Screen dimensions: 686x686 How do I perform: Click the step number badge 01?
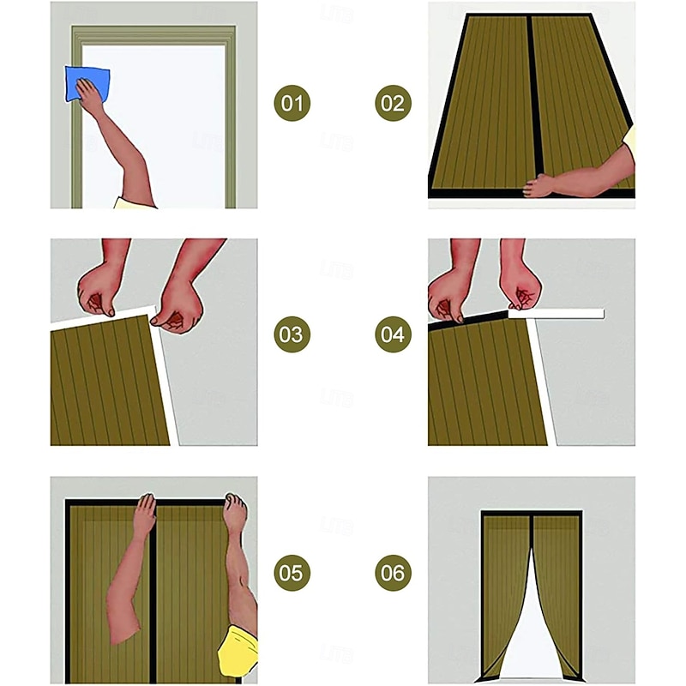(x=292, y=103)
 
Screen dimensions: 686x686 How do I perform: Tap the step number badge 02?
(x=393, y=103)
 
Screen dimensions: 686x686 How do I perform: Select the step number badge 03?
(x=292, y=334)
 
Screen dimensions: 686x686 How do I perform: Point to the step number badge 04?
(x=393, y=334)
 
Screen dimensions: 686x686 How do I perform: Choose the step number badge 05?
(x=292, y=573)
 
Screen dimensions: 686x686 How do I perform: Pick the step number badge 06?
(x=393, y=573)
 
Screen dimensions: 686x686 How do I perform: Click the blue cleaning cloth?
(x=87, y=84)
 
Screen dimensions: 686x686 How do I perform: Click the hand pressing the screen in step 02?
(x=539, y=185)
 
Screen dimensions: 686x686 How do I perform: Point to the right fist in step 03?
(x=178, y=306)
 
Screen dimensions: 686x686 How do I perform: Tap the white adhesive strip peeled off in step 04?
(x=556, y=314)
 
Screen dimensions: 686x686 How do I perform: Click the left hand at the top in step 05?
(x=145, y=515)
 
